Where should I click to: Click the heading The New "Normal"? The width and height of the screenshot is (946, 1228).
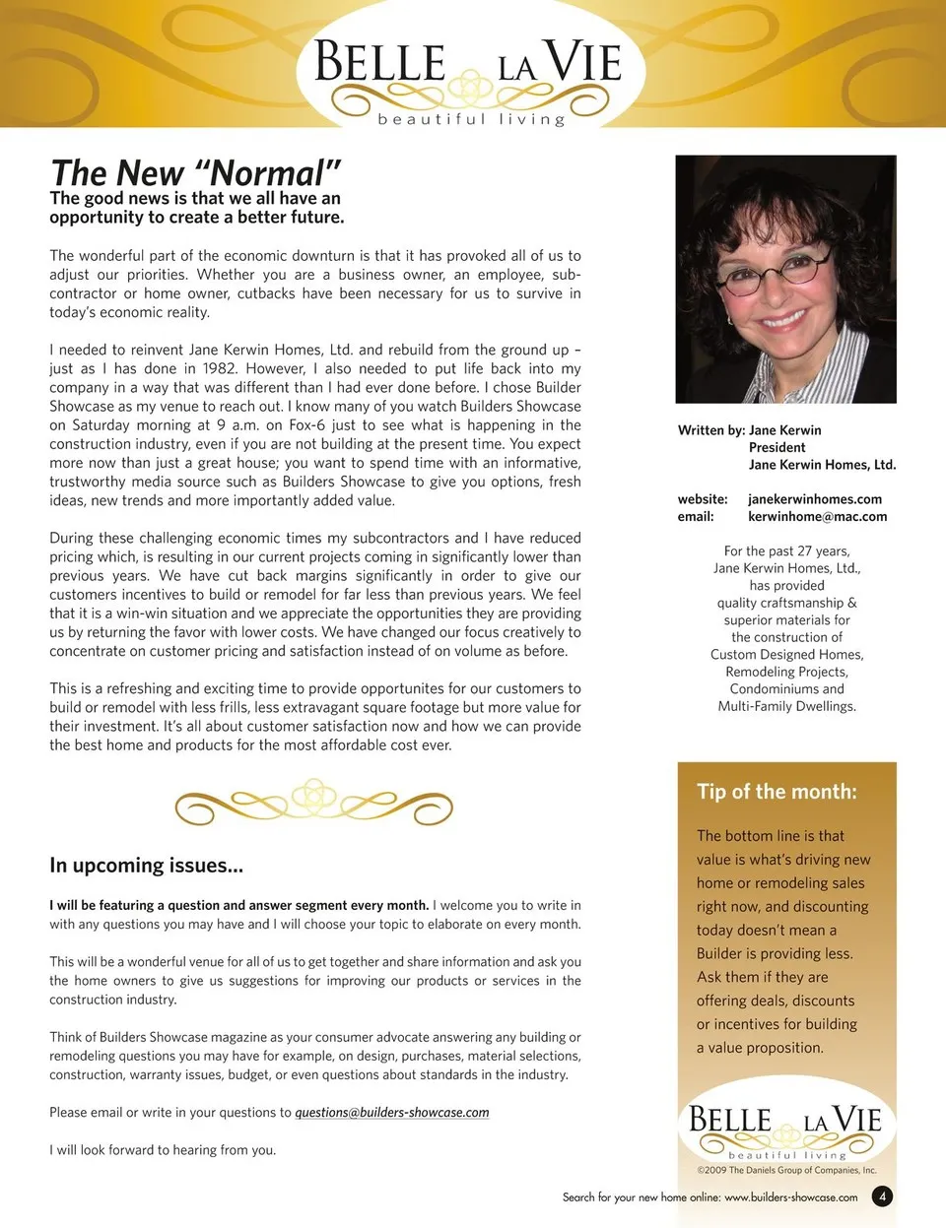195,173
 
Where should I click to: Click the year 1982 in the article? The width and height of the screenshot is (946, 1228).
220,368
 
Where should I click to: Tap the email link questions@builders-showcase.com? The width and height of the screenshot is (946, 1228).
392,1113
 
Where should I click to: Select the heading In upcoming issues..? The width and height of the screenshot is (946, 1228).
146,866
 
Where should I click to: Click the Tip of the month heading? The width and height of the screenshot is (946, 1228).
777,792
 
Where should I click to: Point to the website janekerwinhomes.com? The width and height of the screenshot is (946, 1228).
815,499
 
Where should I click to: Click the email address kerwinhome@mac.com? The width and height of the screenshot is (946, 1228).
817,516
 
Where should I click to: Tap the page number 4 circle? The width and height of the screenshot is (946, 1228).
883,1196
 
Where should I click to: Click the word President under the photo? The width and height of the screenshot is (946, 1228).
777,447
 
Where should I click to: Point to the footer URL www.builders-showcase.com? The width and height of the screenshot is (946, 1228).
790,1197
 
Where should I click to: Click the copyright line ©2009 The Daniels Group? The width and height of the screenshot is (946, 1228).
786,1171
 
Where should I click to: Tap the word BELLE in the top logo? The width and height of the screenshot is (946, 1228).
380,63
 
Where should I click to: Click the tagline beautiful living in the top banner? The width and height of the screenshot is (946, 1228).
471,119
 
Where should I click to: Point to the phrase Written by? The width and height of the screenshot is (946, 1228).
710,430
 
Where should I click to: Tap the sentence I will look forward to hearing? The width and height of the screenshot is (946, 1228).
163,1150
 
